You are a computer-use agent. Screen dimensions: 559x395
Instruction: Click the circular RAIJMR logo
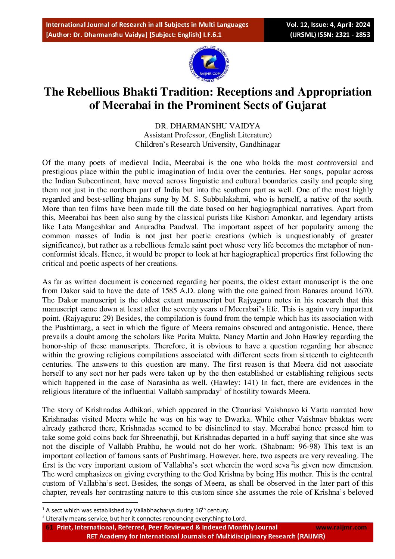click(x=209, y=65)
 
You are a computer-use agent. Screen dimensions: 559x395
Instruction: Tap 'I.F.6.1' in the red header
click(x=212, y=35)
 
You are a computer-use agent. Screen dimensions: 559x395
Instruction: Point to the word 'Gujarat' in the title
click(x=306, y=105)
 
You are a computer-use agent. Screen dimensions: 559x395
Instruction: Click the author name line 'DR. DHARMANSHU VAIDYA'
click(x=208, y=126)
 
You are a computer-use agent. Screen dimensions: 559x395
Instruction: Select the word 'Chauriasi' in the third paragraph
click(x=247, y=410)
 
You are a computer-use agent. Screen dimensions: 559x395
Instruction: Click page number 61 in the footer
click(x=49, y=527)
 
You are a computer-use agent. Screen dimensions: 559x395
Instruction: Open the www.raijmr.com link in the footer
click(x=341, y=527)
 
